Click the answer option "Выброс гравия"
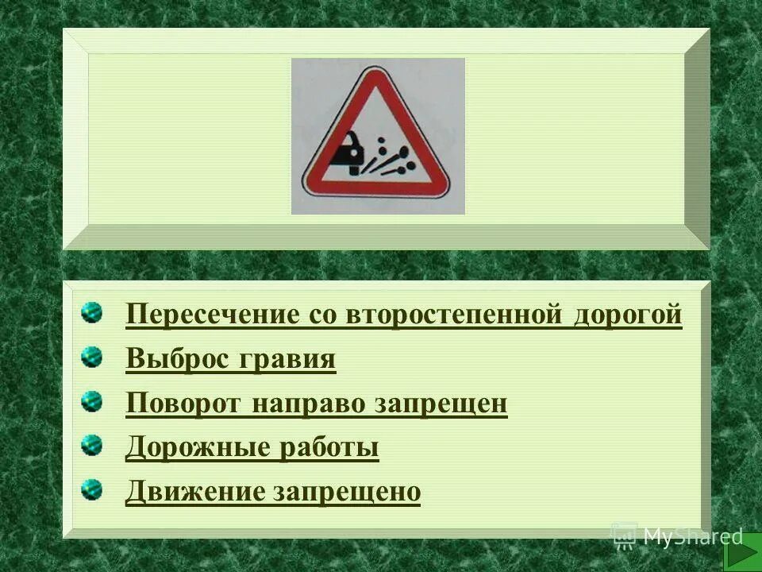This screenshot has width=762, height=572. coord(230,360)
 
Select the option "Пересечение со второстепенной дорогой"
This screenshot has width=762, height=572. coord(403,315)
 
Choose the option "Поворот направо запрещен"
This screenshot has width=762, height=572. coord(316,404)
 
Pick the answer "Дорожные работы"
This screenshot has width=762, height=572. coord(252,448)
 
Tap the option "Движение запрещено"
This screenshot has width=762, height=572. coord(272,493)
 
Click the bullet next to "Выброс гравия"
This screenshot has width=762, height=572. coord(92,357)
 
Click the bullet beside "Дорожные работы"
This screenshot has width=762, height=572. coord(92,446)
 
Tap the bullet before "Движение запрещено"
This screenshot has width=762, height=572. coord(92,490)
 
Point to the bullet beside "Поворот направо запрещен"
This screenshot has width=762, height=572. coord(92,401)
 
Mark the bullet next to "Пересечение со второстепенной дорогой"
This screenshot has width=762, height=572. coord(92,312)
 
